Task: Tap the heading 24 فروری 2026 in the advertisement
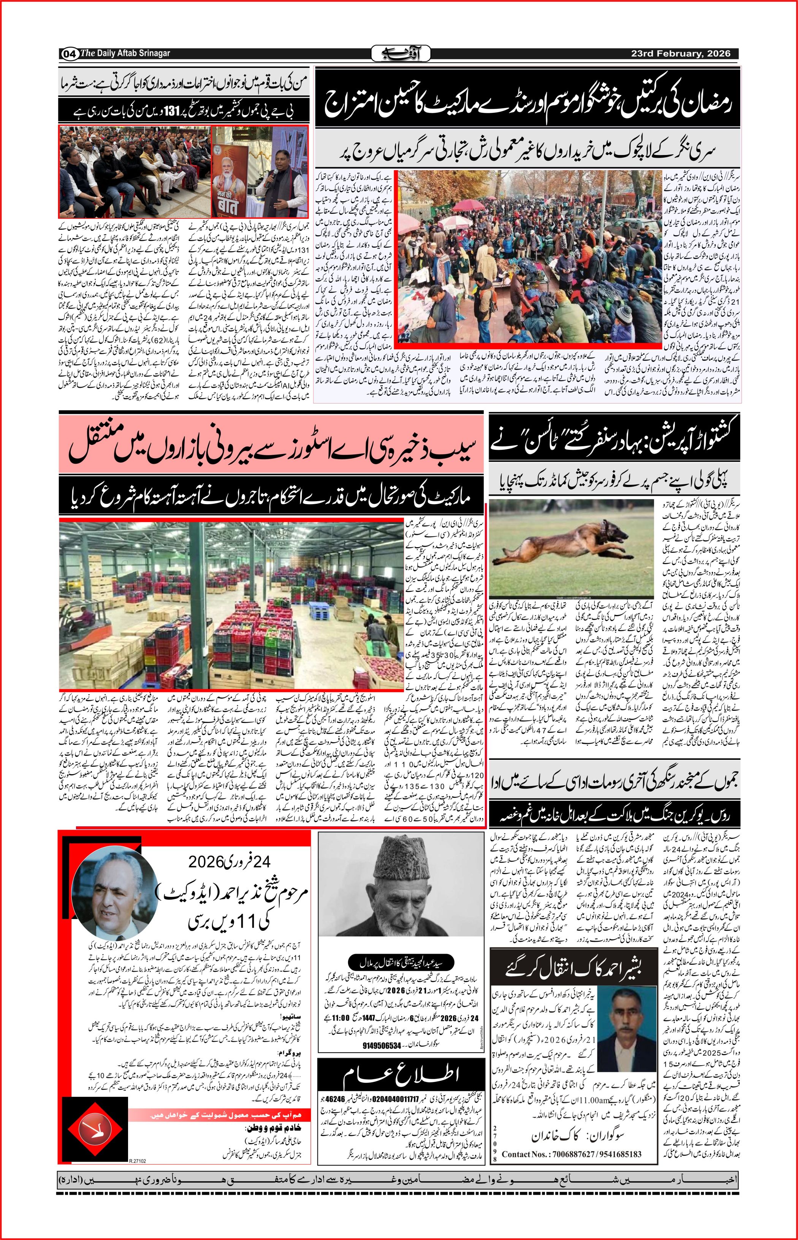(x=229, y=862)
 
